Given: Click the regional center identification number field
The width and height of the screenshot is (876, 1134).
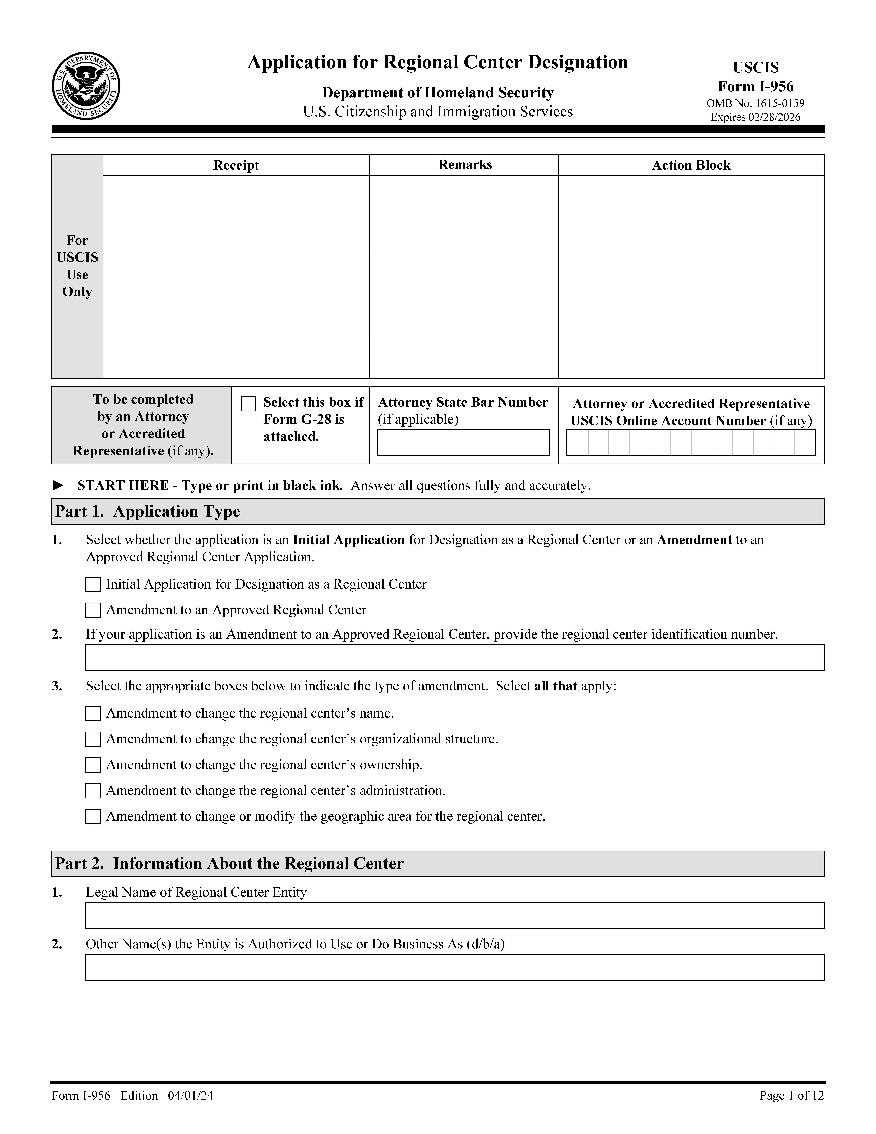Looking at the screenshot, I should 455,657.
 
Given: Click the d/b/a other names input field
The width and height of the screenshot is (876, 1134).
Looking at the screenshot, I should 455,967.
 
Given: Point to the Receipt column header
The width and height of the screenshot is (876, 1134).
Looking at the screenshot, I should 236,165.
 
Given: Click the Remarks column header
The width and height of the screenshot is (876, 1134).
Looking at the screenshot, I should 465,165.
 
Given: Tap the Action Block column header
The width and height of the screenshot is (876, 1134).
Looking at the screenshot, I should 691,165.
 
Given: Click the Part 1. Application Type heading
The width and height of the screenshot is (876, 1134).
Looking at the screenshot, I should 148,511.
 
